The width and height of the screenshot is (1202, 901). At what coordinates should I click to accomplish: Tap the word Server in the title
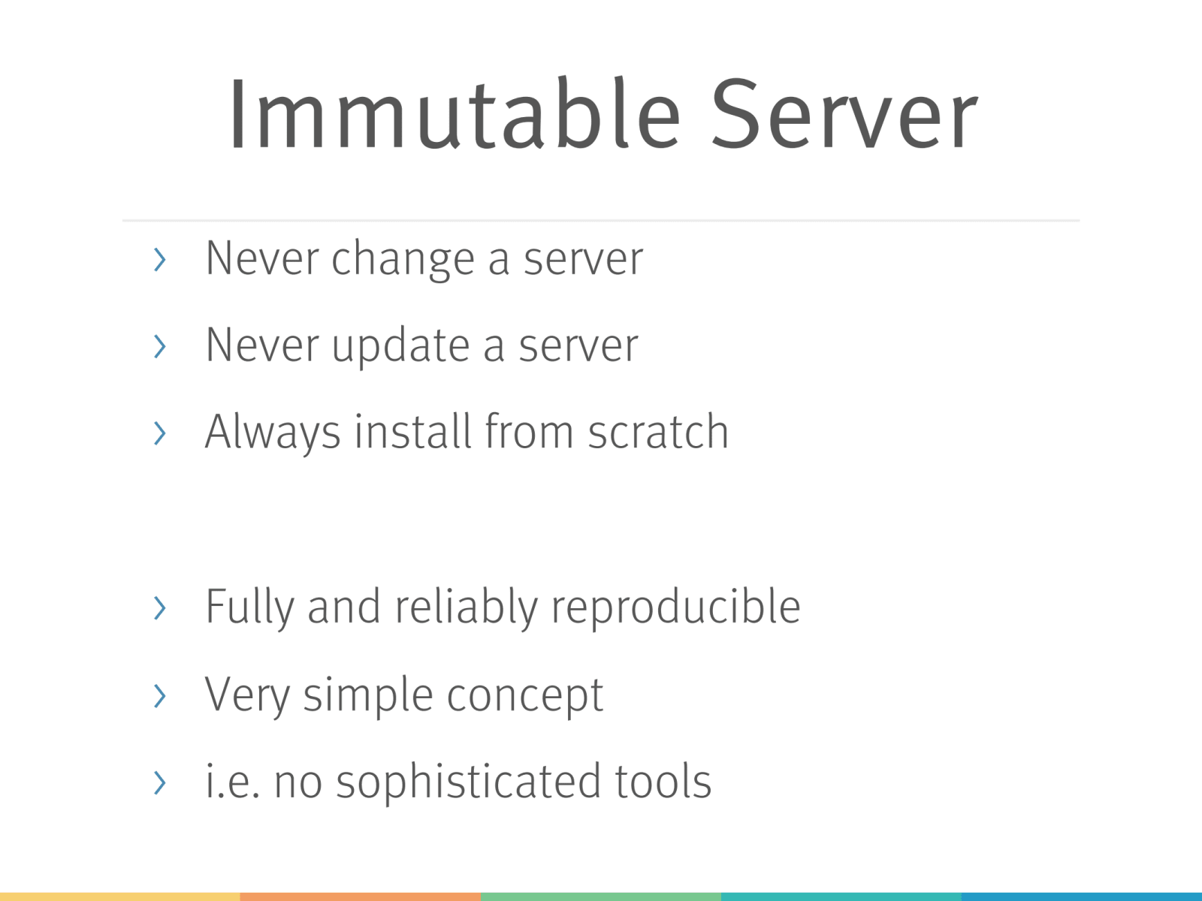tap(844, 113)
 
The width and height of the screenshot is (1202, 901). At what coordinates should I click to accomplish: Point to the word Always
tap(273, 432)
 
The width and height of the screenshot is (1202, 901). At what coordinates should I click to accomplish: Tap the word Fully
tap(249, 607)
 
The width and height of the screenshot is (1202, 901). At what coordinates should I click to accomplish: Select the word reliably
tap(466, 607)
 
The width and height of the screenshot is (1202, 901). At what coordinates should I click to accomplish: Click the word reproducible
tap(675, 607)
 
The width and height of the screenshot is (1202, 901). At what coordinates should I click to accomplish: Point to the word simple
tap(369, 695)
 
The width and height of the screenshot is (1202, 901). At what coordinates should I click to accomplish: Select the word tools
tap(663, 782)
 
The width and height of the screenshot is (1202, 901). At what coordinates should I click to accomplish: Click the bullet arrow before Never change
tap(159, 259)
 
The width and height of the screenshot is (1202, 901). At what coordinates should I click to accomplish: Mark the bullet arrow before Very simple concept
tap(159, 696)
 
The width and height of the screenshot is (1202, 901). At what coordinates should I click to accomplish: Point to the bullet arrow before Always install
tap(159, 432)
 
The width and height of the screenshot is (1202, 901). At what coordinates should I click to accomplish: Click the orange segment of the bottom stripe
tap(361, 896)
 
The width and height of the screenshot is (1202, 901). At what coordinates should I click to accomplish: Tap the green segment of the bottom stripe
tap(601, 896)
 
